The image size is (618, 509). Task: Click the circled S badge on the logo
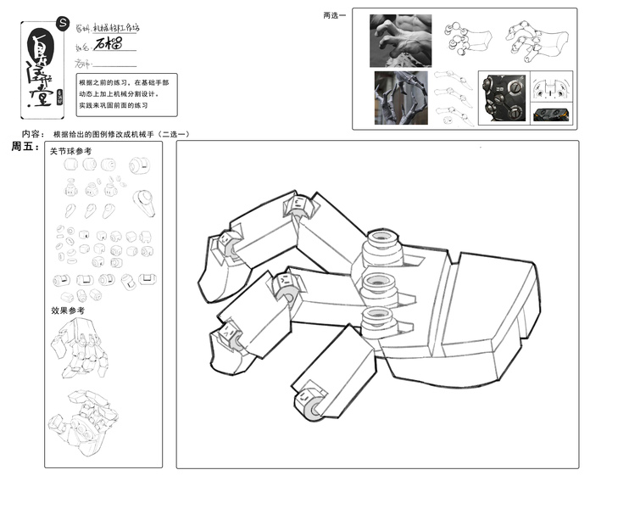click(x=60, y=24)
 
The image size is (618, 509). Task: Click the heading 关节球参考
click(x=70, y=152)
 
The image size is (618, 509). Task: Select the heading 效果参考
click(x=68, y=311)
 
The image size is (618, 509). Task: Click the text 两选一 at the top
click(x=335, y=15)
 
